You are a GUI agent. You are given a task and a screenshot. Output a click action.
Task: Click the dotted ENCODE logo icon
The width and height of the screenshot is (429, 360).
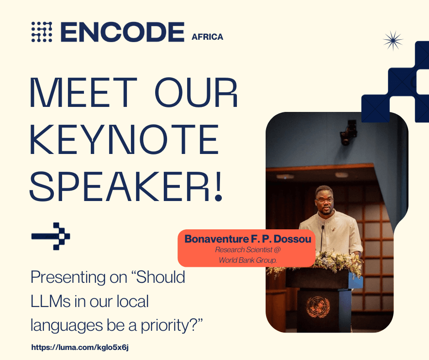pyautogui.click(x=42, y=32)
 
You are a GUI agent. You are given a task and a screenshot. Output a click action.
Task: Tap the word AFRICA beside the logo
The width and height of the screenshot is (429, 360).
pyautogui.click(x=207, y=37)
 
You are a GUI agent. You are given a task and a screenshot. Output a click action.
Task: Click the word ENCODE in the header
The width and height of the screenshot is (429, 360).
pyautogui.click(x=122, y=32)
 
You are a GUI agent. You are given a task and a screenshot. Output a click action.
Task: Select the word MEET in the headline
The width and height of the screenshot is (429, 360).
pyautogui.click(x=83, y=93)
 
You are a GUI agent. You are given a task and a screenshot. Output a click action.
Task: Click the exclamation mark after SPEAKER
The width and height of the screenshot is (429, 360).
pyautogui.click(x=218, y=186)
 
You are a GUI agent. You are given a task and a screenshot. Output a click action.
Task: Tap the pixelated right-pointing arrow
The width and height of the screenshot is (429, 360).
pyautogui.click(x=51, y=236)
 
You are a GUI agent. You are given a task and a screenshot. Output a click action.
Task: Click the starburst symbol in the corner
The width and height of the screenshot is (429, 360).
pyautogui.click(x=393, y=41)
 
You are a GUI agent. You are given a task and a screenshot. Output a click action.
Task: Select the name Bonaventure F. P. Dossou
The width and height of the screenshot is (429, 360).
pyautogui.click(x=248, y=239)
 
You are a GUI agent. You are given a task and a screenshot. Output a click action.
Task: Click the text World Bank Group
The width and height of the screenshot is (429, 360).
pyautogui.click(x=248, y=260)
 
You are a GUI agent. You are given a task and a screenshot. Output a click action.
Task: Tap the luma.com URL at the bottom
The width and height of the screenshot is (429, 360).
pyautogui.click(x=80, y=347)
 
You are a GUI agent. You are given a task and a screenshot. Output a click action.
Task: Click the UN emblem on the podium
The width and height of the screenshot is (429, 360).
pyautogui.click(x=318, y=307)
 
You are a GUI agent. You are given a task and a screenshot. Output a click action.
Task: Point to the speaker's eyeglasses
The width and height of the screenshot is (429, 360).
pyautogui.click(x=325, y=200)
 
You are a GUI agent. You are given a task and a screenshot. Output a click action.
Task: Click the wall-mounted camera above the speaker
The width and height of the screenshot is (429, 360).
pyautogui.click(x=348, y=132)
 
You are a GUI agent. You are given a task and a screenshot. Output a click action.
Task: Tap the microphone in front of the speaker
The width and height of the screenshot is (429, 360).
pyautogui.click(x=322, y=238)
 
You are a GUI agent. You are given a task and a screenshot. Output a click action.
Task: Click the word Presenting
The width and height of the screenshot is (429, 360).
pyautogui.click(x=68, y=278)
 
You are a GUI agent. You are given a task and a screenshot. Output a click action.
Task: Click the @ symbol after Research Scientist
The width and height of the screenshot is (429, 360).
pyautogui.click(x=277, y=249)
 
